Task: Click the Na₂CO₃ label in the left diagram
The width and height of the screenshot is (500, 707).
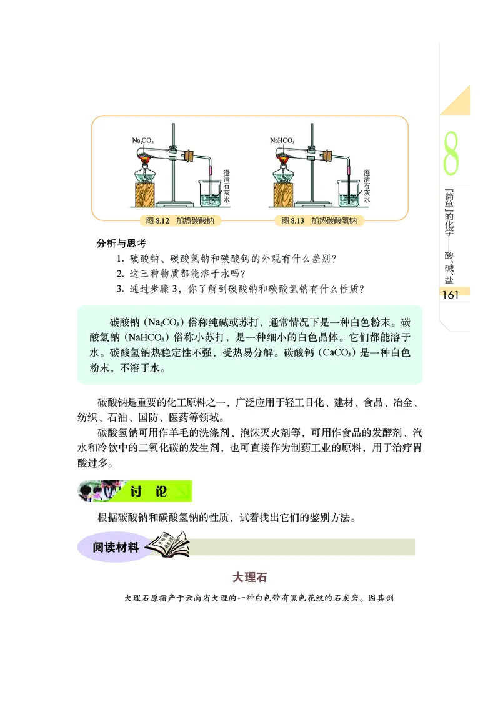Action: [x=143, y=141]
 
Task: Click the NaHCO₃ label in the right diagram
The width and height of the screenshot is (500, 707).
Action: [x=282, y=141]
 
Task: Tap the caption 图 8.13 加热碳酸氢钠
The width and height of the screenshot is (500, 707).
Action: [x=319, y=220]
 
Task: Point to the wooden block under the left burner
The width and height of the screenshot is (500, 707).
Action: [x=148, y=194]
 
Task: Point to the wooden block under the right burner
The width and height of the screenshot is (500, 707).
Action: [x=286, y=194]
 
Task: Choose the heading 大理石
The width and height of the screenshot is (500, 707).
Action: [x=250, y=576]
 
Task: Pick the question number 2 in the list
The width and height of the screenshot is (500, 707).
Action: [x=119, y=273]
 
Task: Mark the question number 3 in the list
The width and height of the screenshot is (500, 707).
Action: [x=119, y=289]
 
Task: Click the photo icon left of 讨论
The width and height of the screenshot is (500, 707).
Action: [x=99, y=491]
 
